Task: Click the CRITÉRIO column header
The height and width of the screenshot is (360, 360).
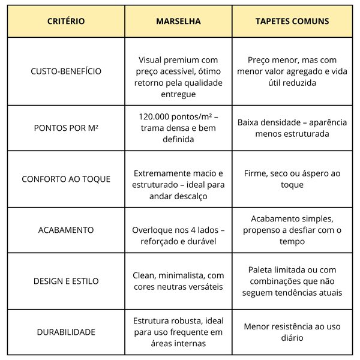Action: coord(66,21)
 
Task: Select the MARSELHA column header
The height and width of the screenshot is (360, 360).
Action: coord(178,21)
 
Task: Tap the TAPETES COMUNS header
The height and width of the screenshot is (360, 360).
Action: coord(292,21)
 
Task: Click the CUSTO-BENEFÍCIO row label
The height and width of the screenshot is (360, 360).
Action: coord(66,71)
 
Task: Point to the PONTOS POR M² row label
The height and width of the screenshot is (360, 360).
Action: coord(66,128)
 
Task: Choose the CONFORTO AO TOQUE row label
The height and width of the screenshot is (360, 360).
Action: coord(66,179)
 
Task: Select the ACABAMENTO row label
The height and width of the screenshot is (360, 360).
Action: coord(66,230)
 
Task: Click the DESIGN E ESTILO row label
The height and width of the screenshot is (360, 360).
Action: coord(66,281)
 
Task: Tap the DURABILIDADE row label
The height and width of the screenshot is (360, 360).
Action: coord(66,332)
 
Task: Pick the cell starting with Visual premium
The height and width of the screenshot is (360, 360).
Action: coord(178,77)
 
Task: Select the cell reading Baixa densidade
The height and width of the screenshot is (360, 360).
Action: coord(292,128)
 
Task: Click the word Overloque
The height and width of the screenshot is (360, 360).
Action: coord(153,230)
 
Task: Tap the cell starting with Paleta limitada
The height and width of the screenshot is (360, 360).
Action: coord(292,281)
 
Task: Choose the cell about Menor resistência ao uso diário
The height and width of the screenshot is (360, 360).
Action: coord(292,332)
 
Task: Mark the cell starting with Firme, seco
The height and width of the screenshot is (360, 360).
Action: coord(292,179)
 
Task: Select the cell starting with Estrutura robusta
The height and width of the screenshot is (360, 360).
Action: coord(178,332)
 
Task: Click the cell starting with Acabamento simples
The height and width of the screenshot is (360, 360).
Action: coord(292,230)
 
